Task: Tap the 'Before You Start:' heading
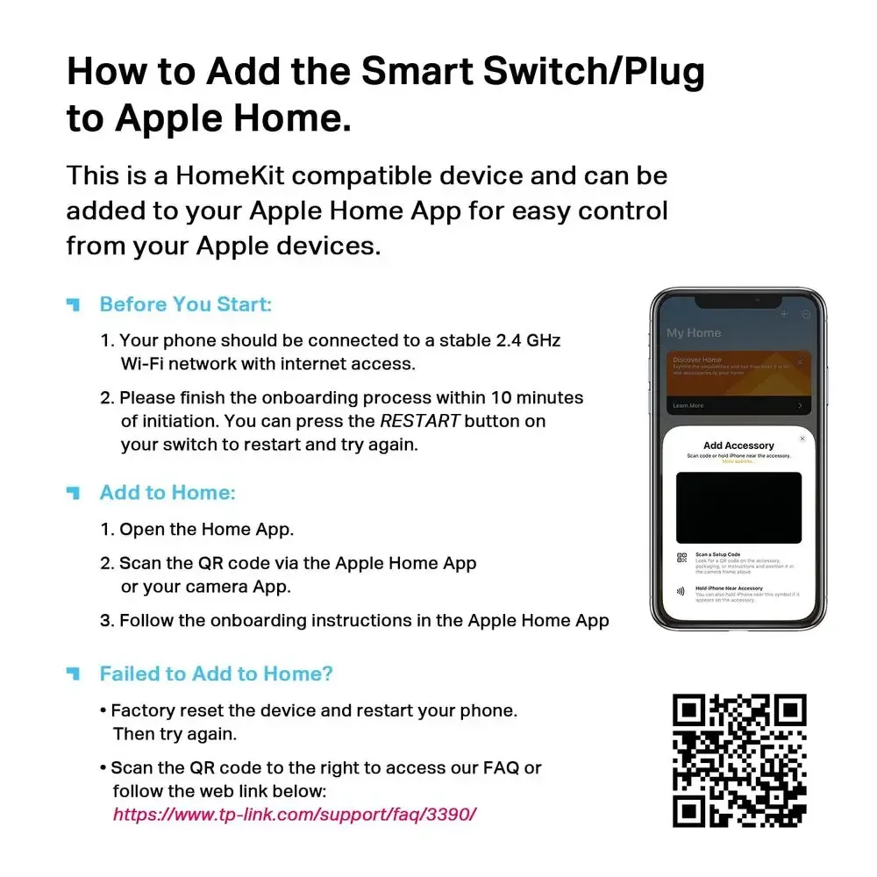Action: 186,304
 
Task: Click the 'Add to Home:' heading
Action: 168,493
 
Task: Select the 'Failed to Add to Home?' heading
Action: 217,674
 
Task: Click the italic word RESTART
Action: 419,421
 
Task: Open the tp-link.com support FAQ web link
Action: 295,814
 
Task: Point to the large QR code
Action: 738,760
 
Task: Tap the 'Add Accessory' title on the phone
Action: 738,446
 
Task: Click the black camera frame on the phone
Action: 738,508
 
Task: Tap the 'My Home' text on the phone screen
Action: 694,333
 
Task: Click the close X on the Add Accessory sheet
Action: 802,438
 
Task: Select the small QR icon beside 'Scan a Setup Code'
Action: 682,559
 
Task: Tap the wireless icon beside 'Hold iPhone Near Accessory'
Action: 682,592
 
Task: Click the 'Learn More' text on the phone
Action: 688,406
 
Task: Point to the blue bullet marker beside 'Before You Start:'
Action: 74,304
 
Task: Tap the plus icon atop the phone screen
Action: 784,314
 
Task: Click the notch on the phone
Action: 738,301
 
